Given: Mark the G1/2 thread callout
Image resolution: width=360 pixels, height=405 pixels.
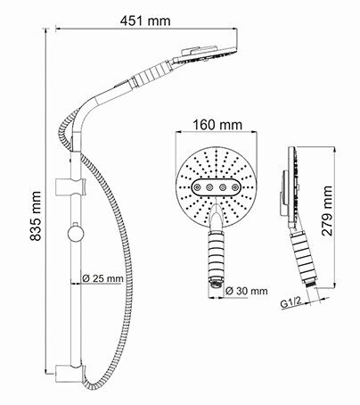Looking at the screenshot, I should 289,303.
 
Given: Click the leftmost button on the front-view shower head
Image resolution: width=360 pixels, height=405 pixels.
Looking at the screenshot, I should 197,189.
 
